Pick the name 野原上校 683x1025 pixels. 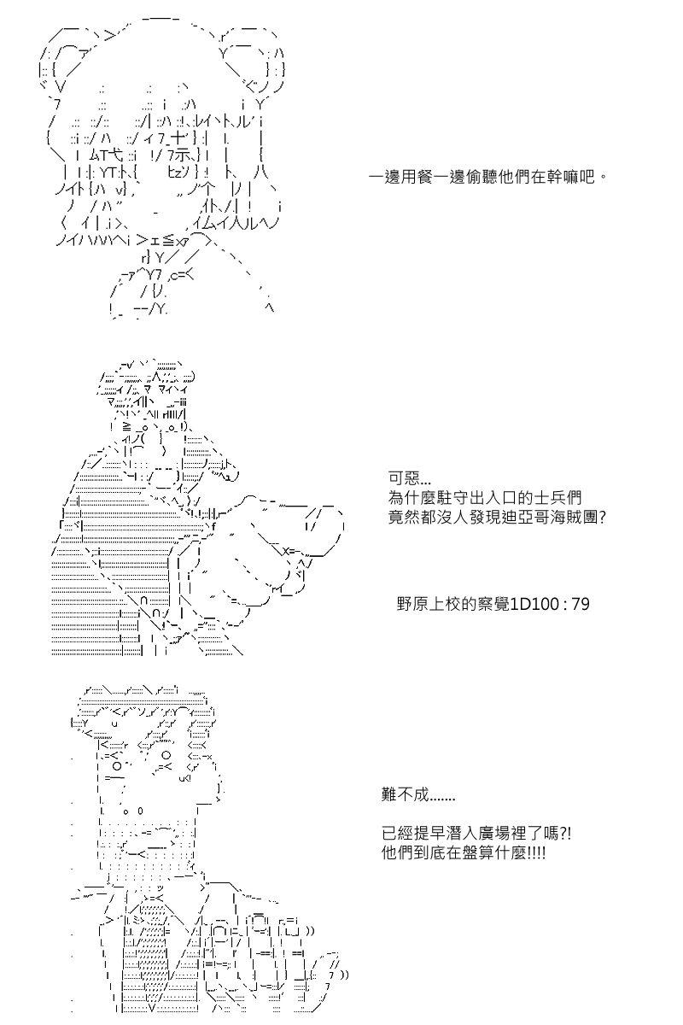[429, 605]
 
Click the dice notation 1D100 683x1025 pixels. [534, 605]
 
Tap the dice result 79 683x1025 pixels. [581, 605]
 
